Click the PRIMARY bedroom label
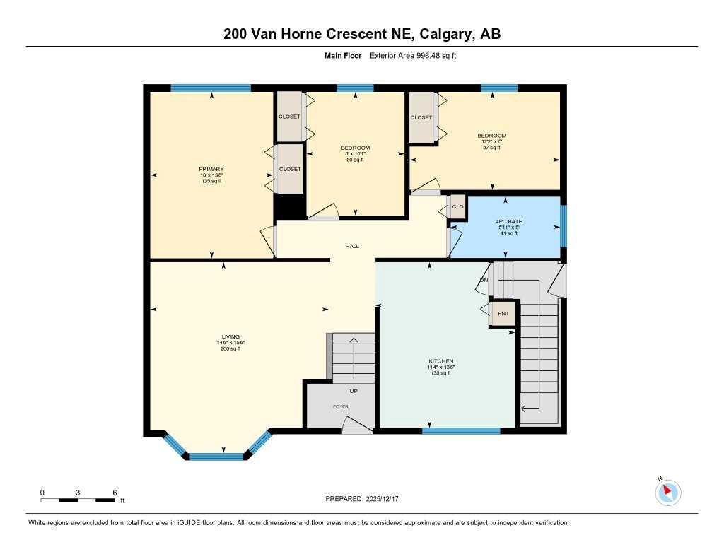[211, 169]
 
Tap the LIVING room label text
[230, 336]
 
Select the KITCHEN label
[440, 361]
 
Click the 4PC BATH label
[508, 222]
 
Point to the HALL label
[352, 246]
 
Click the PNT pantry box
[503, 313]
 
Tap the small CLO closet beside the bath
[457, 207]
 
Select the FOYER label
[341, 406]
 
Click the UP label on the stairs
[354, 391]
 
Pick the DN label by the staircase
[484, 280]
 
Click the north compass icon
[668, 493]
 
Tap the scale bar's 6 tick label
[115, 493]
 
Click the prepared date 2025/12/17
[387, 499]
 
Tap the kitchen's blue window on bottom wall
[460, 430]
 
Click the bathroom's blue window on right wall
[564, 226]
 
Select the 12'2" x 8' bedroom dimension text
[491, 141]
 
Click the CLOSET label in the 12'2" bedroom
[421, 117]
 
